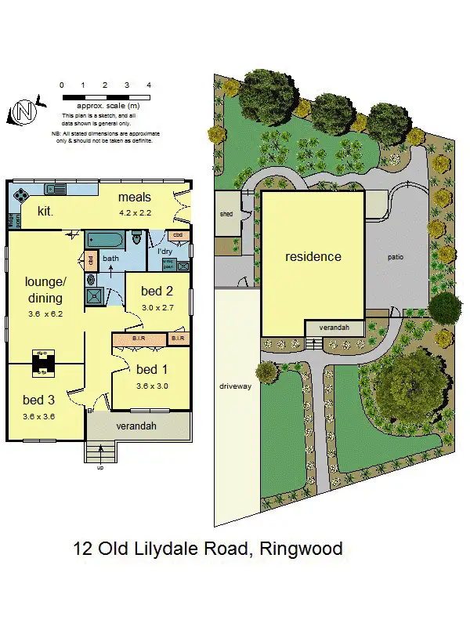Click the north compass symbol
pyautogui.click(x=26, y=112)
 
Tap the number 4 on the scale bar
pyautogui.click(x=148, y=85)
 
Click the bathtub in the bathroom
pyautogui.click(x=103, y=239)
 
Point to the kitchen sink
pyautogui.click(x=56, y=189)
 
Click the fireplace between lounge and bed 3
pyautogui.click(x=42, y=363)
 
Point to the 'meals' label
pyautogui.click(x=135, y=196)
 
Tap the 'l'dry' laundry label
pyautogui.click(x=165, y=251)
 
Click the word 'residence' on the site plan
pyautogui.click(x=313, y=256)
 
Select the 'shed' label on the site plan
pyautogui.click(x=226, y=214)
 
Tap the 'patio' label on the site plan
pyautogui.click(x=396, y=256)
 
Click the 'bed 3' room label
pyautogui.click(x=38, y=400)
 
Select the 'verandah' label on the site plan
pyautogui.click(x=334, y=328)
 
